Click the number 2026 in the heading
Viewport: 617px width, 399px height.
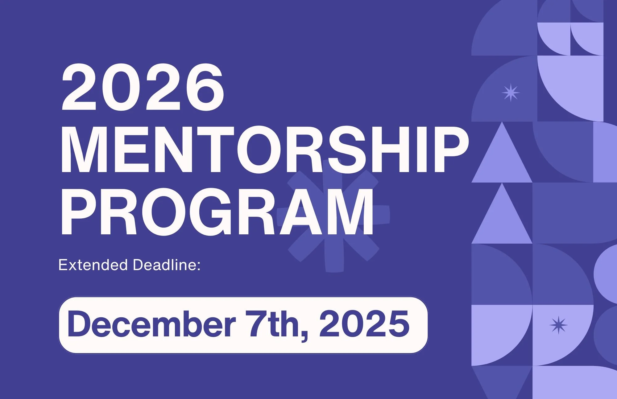(x=143, y=87)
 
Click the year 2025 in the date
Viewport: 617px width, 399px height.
(x=364, y=324)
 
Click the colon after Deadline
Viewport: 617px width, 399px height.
(x=198, y=266)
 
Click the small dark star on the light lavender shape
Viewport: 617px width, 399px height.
(x=558, y=325)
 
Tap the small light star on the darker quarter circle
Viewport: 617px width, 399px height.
(x=511, y=93)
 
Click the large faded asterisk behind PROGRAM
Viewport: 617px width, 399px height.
(x=333, y=216)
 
